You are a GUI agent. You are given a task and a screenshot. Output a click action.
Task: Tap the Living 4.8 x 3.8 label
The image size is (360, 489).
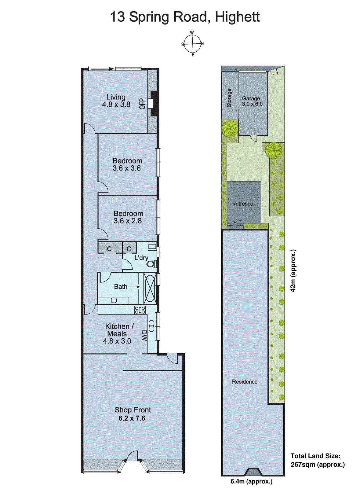click(116, 101)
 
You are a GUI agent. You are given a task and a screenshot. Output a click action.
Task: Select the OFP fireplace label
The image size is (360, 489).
click(142, 104)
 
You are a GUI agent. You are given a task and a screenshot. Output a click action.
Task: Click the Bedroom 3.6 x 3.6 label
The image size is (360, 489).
click(127, 164)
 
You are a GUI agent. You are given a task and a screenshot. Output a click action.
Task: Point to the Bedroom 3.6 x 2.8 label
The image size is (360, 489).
click(128, 217)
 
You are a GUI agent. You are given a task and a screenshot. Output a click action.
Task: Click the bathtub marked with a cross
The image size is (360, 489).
click(150, 288)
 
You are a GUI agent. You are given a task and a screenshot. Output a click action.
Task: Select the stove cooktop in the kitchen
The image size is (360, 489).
click(140, 310)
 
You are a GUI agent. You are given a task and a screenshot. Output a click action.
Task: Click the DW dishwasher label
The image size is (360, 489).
click(144, 335)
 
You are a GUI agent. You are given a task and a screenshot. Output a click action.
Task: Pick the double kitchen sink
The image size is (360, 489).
click(151, 326)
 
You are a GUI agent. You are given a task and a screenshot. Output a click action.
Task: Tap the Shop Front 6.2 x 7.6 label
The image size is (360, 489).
click(133, 414)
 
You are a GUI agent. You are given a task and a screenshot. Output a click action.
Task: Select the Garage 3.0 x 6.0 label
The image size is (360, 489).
click(252, 101)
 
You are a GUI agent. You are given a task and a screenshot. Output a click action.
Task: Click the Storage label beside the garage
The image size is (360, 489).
click(229, 98)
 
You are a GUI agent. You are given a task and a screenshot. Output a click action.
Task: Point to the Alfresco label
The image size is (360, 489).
click(243, 204)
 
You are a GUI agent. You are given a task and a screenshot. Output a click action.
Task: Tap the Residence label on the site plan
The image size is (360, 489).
click(245, 382)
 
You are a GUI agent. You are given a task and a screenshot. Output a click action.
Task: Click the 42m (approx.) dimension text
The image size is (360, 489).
click(293, 271)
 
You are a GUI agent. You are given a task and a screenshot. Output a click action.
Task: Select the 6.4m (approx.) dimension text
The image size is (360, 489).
click(251, 482)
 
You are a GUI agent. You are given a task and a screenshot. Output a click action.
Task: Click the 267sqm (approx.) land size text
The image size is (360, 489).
click(318, 465)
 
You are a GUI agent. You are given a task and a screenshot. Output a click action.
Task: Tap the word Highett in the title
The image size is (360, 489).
click(237, 17)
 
